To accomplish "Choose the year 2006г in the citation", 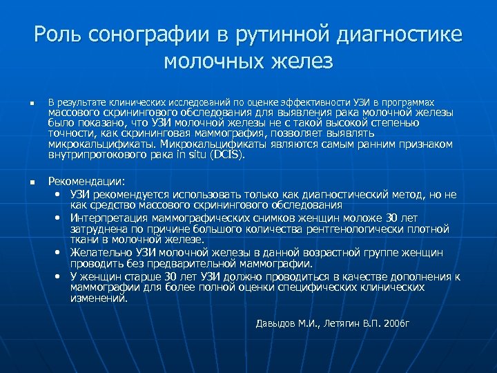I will [396, 323].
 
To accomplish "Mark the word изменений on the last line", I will [99, 299].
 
